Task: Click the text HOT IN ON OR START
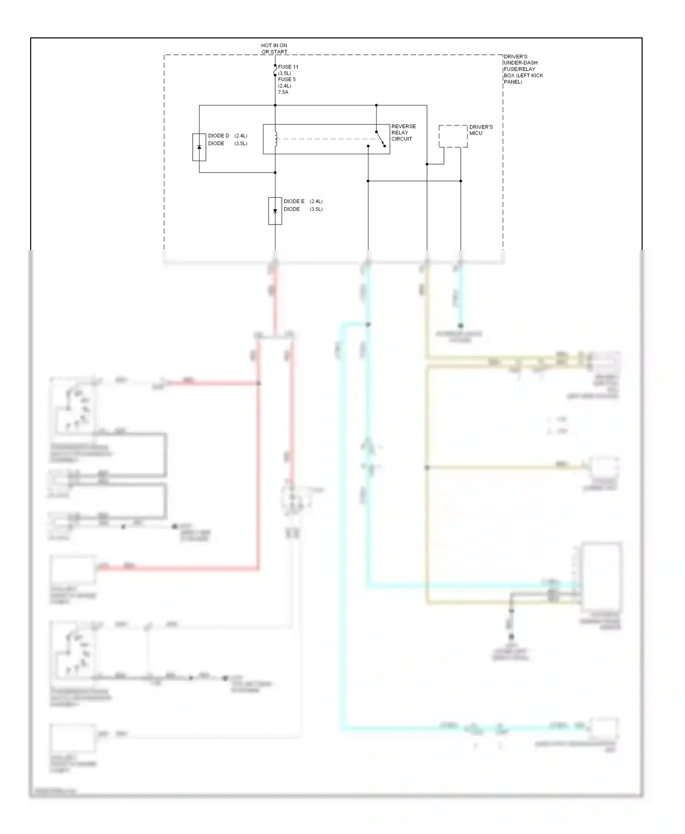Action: pyautogui.click(x=274, y=48)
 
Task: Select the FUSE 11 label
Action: pyautogui.click(x=288, y=67)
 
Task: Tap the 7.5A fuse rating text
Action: pyautogui.click(x=283, y=92)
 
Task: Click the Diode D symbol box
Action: pyautogui.click(x=199, y=147)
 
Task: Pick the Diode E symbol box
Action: pyautogui.click(x=275, y=211)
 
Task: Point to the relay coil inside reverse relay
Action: pyautogui.click(x=275, y=140)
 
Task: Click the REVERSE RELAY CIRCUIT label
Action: pyautogui.click(x=403, y=132)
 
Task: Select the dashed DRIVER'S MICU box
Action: pyautogui.click(x=453, y=136)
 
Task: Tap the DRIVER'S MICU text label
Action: pyautogui.click(x=480, y=130)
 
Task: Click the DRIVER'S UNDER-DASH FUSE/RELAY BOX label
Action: pyautogui.click(x=523, y=69)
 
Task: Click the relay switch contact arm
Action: pyautogui.click(x=380, y=139)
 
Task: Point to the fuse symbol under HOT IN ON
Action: pyautogui.click(x=275, y=70)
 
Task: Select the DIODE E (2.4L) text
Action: pyautogui.click(x=303, y=201)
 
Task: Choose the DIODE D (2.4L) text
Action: pyautogui.click(x=227, y=136)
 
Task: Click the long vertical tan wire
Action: pyautogui.click(x=427, y=525)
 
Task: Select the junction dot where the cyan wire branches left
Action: pyautogui.click(x=368, y=324)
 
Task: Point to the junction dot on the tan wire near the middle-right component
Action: pyautogui.click(x=427, y=468)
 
